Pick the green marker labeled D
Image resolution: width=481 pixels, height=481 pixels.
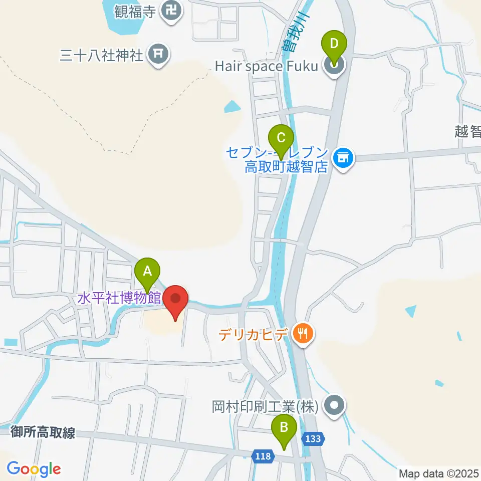tap(335, 44)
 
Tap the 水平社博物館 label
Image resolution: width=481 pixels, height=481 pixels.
tap(119, 299)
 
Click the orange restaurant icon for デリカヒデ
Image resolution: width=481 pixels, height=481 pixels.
tap(303, 332)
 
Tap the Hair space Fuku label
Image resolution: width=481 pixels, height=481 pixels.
tap(267, 66)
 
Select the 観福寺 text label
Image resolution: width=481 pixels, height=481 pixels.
tap(135, 11)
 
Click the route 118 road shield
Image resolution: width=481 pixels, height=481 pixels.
tap(262, 456)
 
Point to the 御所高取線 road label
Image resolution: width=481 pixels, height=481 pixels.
tap(43, 433)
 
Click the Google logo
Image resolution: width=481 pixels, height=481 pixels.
tap(34, 469)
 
